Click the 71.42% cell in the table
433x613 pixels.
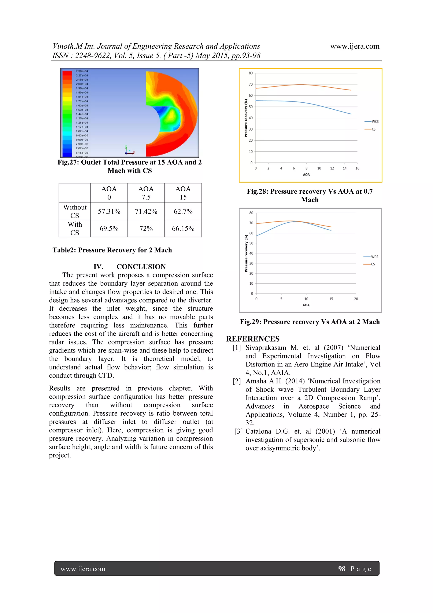click(146, 211)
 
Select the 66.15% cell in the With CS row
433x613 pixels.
click(183, 229)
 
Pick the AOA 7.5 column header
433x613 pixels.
click(146, 193)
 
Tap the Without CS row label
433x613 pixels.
click(75, 211)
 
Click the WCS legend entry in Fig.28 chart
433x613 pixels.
click(372, 121)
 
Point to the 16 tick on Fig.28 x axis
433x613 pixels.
click(357, 168)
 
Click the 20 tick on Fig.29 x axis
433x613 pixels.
click(356, 299)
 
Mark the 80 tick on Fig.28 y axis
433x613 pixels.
click(251, 73)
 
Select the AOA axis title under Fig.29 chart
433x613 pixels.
click(306, 305)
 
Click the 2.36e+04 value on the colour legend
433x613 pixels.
click(82, 71)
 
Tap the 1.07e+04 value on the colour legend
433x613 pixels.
click(82, 131)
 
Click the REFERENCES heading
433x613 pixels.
click(253, 339)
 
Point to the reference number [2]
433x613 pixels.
click(236, 381)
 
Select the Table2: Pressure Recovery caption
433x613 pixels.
click(112, 250)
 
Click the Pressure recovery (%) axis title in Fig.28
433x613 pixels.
click(246, 118)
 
